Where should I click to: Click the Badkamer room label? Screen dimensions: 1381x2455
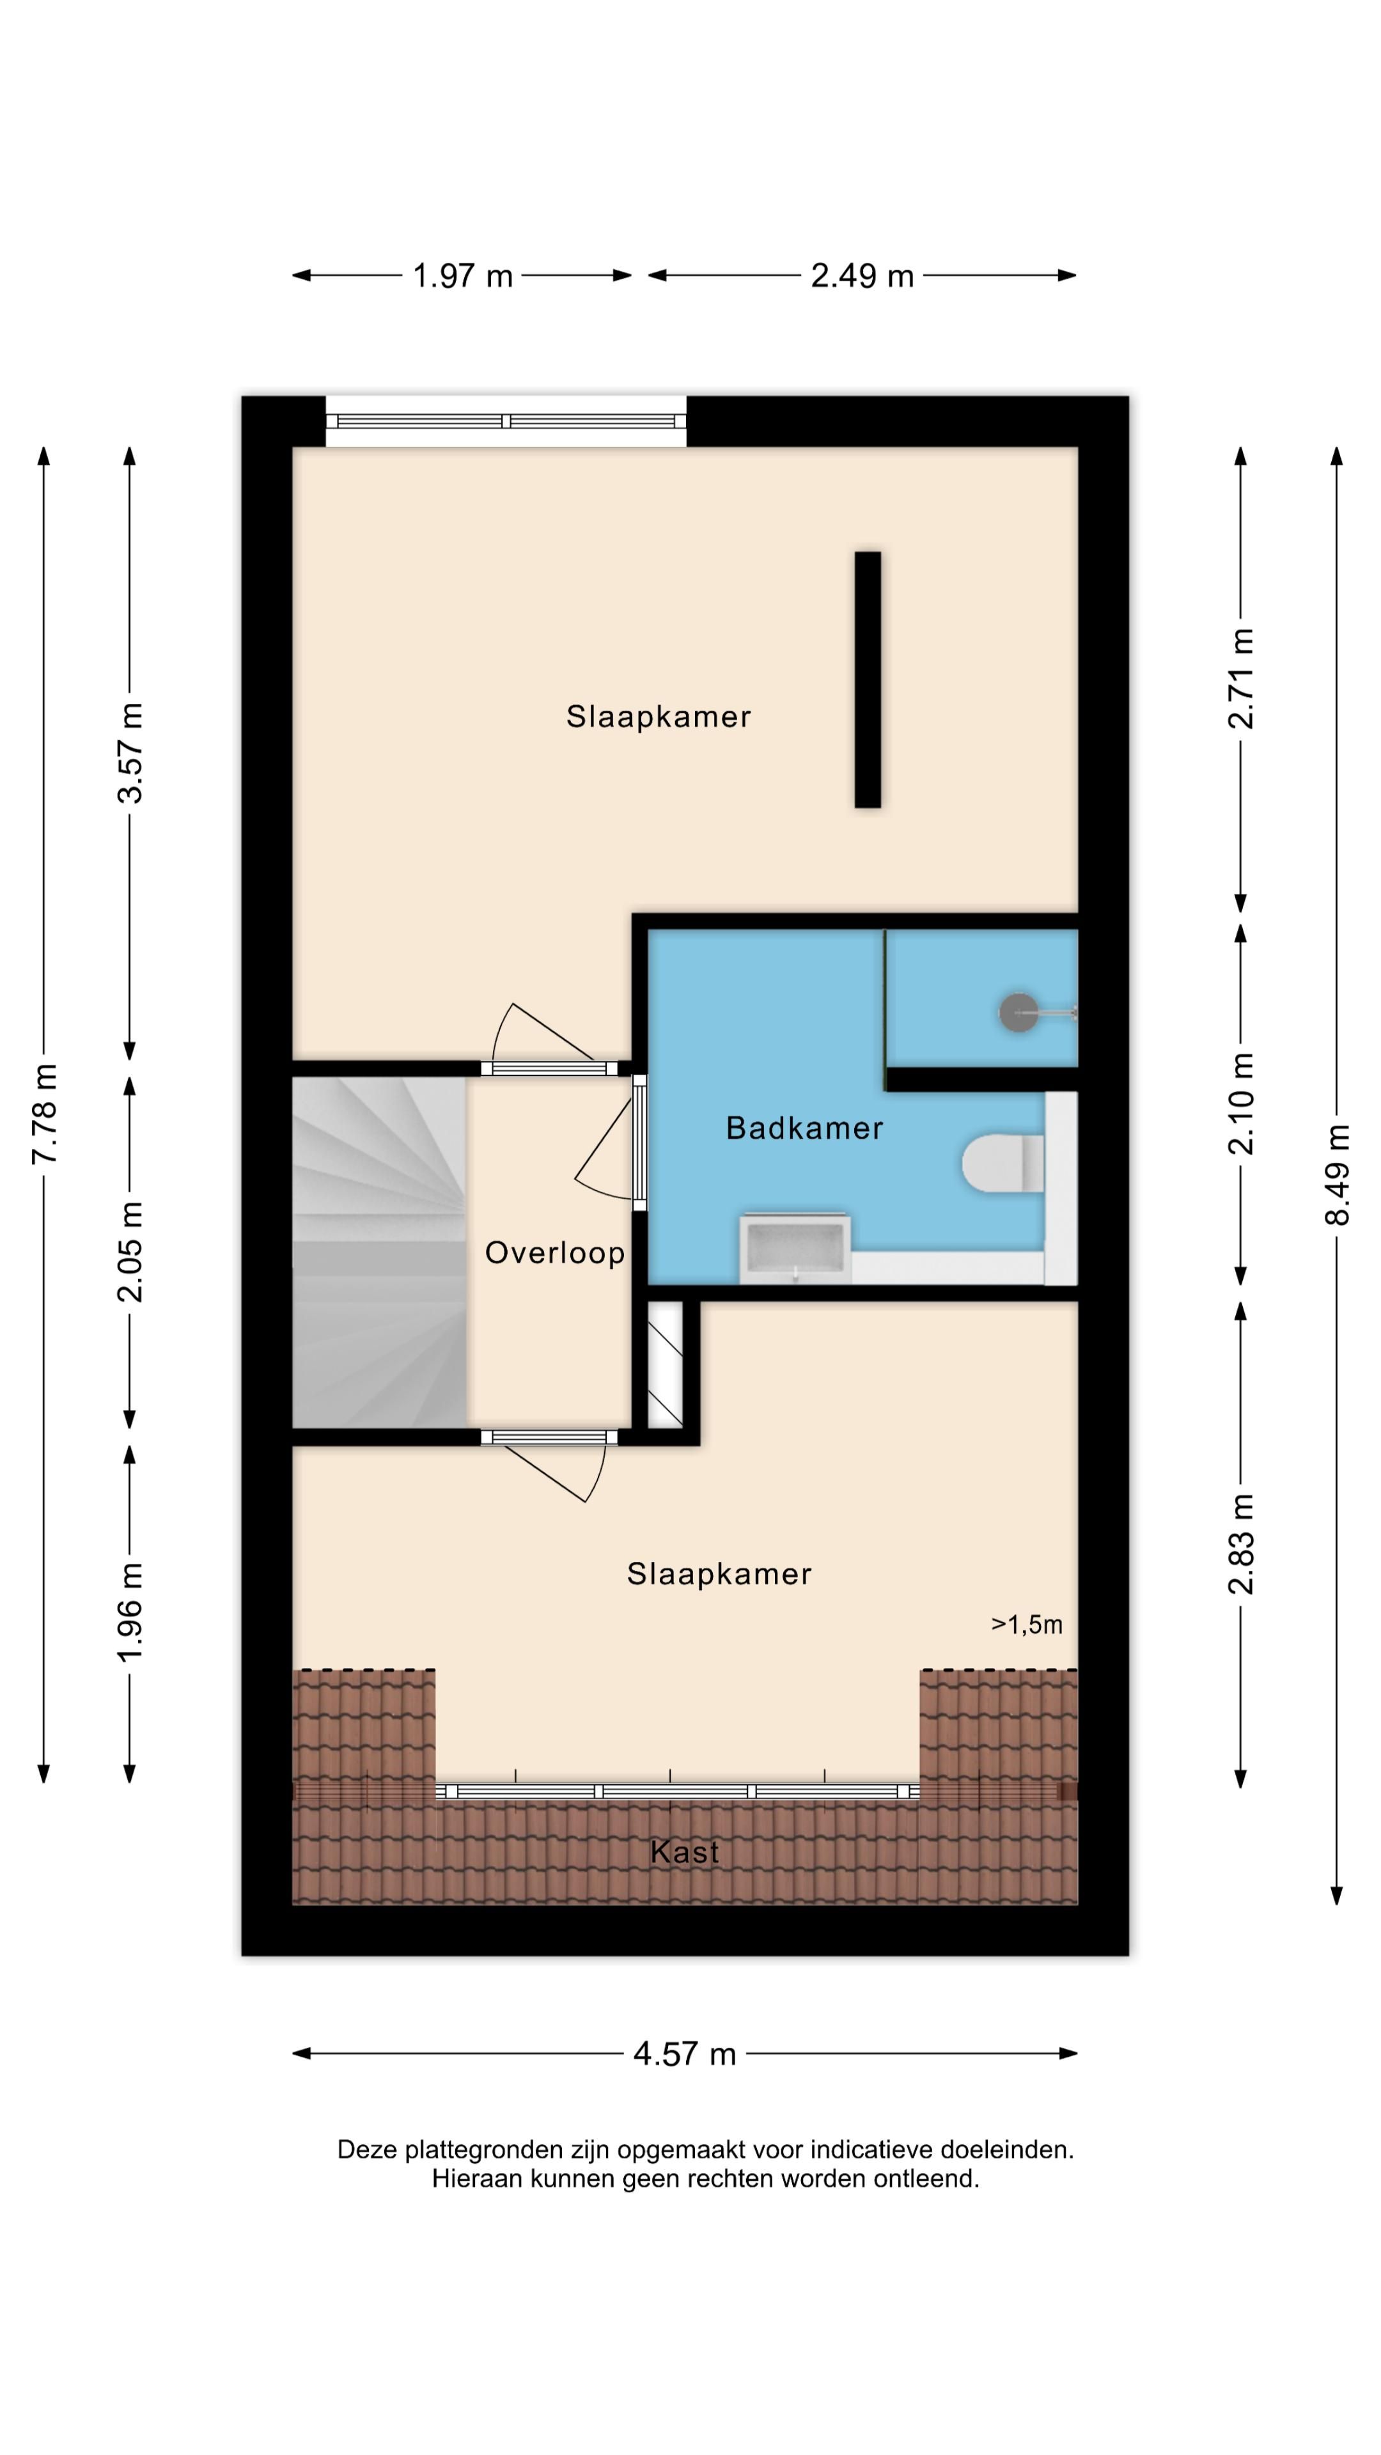[804, 1128]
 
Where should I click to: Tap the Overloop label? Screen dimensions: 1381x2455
[555, 1252]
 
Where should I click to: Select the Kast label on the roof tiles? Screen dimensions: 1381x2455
[684, 1851]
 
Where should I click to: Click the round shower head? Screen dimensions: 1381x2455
[1018, 1011]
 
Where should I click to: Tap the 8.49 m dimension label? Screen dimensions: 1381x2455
[1337, 1174]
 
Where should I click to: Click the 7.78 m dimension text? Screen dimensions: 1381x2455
[44, 1113]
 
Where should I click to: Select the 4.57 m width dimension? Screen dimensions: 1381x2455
[684, 2053]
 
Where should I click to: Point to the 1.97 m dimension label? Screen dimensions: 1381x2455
[462, 276]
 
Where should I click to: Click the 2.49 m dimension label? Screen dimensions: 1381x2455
[862, 276]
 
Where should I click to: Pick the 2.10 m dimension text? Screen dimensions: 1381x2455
[1241, 1103]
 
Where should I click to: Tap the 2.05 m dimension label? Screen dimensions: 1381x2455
[130, 1251]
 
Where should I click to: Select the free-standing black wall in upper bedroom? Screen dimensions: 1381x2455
[868, 680]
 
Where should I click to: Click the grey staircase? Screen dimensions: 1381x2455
[379, 1252]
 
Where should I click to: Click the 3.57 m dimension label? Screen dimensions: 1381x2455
[130, 753]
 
